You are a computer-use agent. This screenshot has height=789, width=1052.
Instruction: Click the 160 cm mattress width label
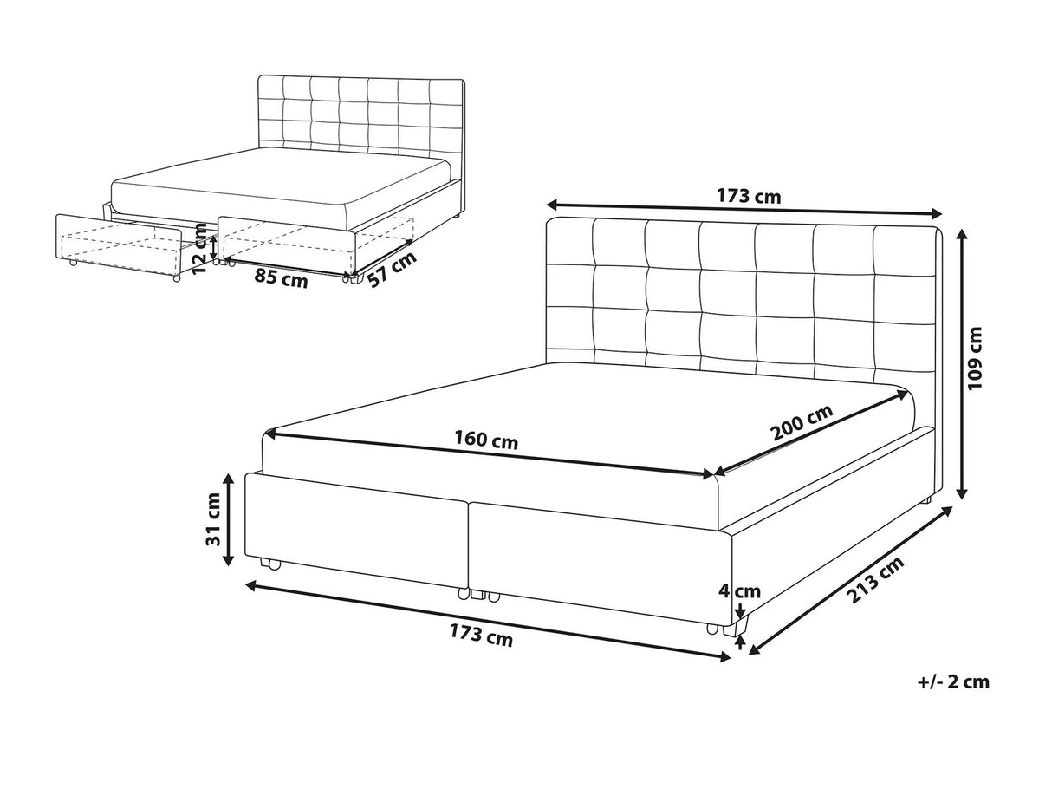click(x=486, y=440)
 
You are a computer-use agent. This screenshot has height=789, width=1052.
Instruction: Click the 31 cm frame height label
click(x=213, y=518)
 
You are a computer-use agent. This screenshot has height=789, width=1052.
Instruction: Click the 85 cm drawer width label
click(x=281, y=278)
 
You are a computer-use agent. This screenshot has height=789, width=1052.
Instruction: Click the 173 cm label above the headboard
click(x=748, y=196)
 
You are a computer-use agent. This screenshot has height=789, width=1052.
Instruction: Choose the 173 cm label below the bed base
click(x=481, y=637)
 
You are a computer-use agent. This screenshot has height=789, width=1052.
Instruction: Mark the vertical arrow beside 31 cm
click(x=229, y=519)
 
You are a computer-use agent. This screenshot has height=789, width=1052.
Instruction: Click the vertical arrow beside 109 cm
click(x=962, y=364)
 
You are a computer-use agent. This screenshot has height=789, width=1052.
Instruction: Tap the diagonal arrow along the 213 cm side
click(x=850, y=581)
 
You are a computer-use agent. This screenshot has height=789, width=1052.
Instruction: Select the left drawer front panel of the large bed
click(x=355, y=524)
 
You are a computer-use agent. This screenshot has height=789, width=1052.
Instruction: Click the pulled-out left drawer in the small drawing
click(x=119, y=246)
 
